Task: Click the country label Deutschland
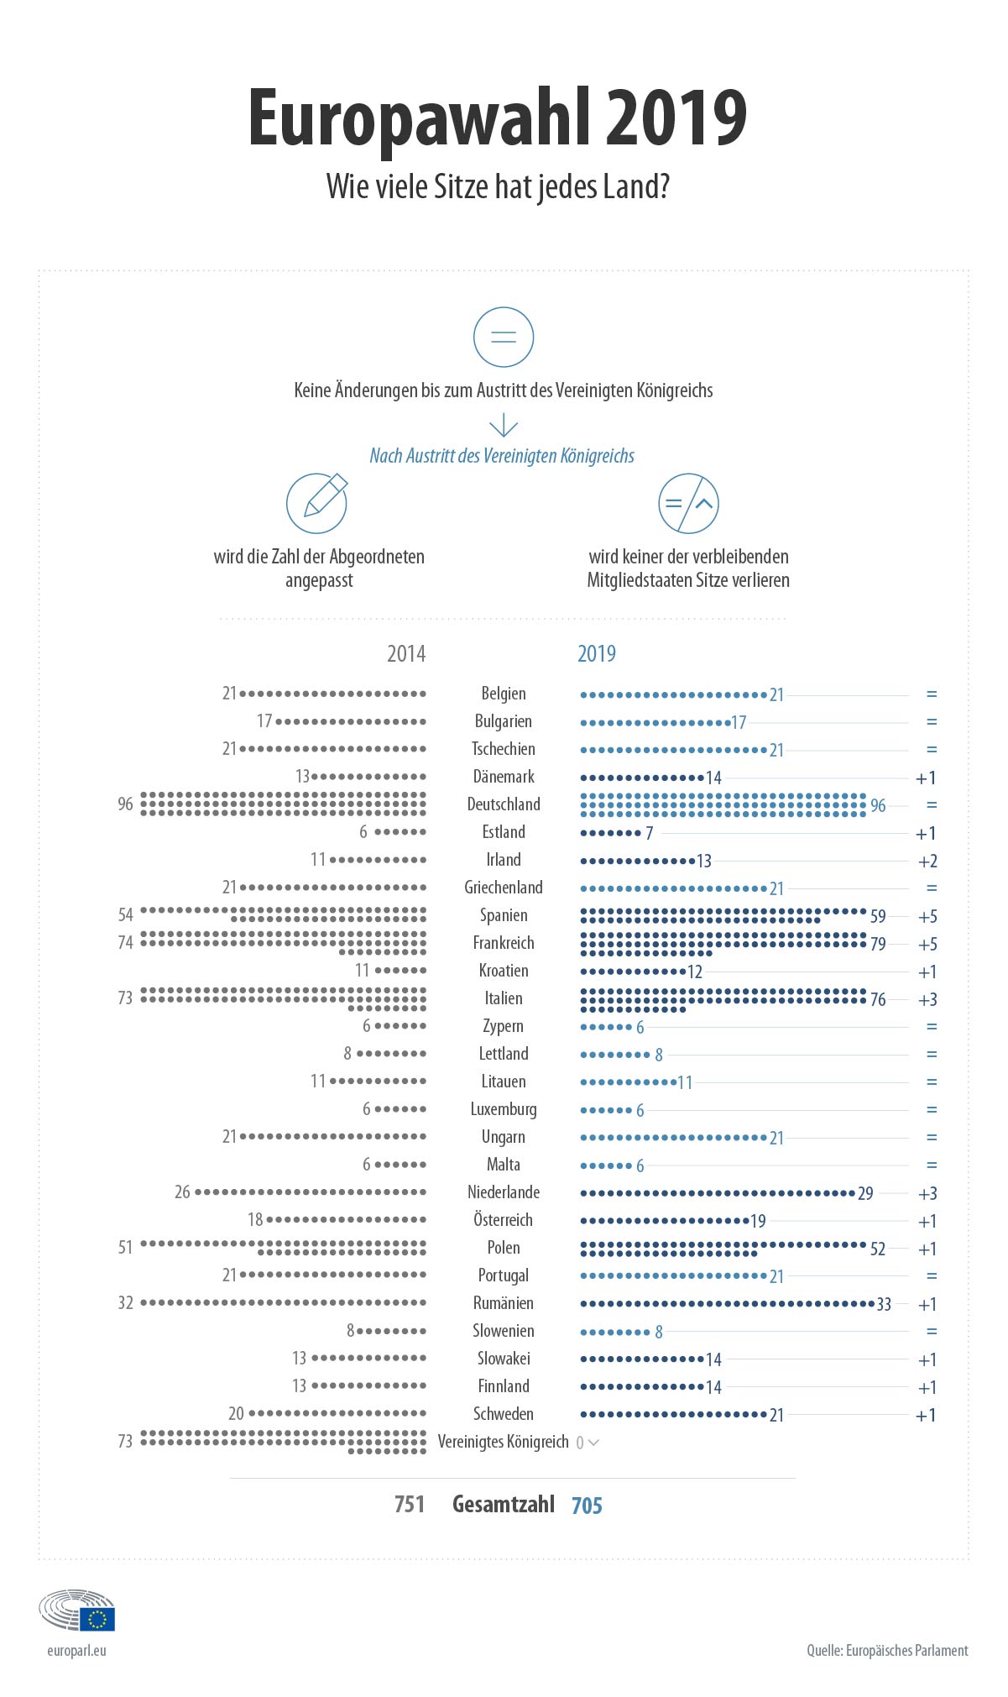click(x=504, y=804)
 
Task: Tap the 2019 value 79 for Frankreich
click(x=878, y=944)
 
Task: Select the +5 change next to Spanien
click(x=927, y=916)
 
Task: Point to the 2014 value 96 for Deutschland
click(x=125, y=804)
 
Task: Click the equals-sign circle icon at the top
click(x=504, y=338)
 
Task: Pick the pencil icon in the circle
click(x=317, y=503)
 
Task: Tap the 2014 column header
click(x=406, y=653)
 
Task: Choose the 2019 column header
click(x=597, y=653)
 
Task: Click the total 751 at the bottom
click(x=410, y=1504)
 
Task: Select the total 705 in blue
click(x=587, y=1506)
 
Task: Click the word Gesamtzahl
click(x=504, y=1504)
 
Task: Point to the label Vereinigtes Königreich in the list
click(x=504, y=1442)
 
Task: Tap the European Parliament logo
click(x=76, y=1609)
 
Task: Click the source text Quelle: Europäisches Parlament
click(x=887, y=1650)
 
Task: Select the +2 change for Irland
click(x=927, y=861)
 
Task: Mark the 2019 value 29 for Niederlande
click(x=865, y=1193)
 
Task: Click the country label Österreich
click(x=504, y=1219)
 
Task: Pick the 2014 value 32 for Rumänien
click(x=125, y=1303)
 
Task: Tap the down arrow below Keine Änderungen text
click(x=504, y=425)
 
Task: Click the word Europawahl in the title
click(x=419, y=119)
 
